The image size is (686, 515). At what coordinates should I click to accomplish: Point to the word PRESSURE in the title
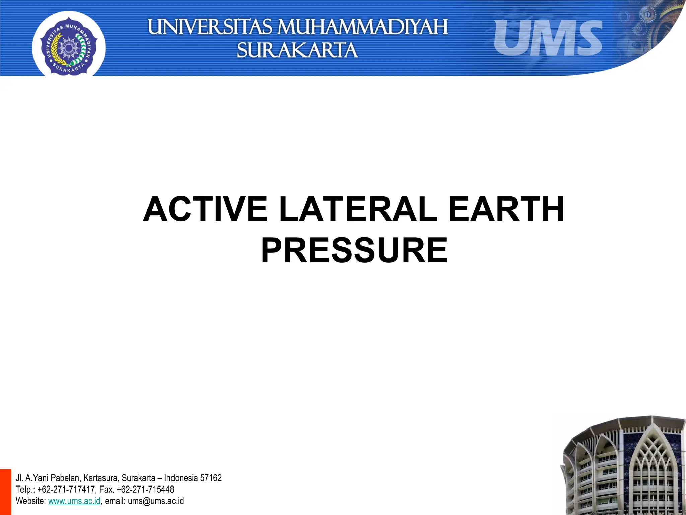pyautogui.click(x=354, y=251)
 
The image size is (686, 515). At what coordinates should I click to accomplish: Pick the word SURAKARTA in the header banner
pyautogui.click(x=297, y=50)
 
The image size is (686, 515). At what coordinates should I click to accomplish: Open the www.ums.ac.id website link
pyautogui.click(x=74, y=501)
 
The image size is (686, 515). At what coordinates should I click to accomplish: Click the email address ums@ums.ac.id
pyautogui.click(x=156, y=501)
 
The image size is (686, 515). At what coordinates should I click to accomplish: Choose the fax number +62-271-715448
pyautogui.click(x=145, y=490)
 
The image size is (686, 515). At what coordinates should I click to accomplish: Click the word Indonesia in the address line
pyautogui.click(x=181, y=478)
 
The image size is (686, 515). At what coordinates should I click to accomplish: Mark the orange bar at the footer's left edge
pyautogui.click(x=5, y=492)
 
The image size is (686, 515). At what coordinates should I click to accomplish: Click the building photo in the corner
pyautogui.click(x=623, y=466)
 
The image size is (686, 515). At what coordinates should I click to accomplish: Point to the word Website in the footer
pyautogui.click(x=30, y=501)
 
